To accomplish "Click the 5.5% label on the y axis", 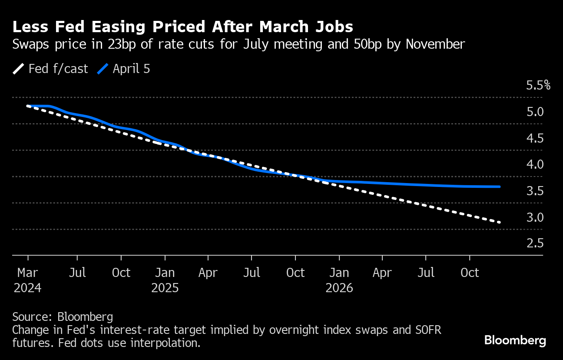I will point(538,85).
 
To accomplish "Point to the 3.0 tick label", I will point(535,217).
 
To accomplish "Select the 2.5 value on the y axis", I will point(535,243).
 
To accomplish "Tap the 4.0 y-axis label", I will point(535,165).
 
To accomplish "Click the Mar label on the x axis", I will point(28,273).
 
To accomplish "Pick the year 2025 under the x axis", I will point(165,288).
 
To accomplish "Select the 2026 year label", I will point(339,288).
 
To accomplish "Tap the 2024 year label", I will point(28,288).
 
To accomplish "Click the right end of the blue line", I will point(500,187).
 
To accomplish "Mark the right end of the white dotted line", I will point(500,222).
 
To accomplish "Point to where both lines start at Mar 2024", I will point(28,106).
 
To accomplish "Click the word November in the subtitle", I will point(434,44).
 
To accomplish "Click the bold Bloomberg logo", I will point(515,340).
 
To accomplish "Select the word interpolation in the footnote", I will point(169,343).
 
